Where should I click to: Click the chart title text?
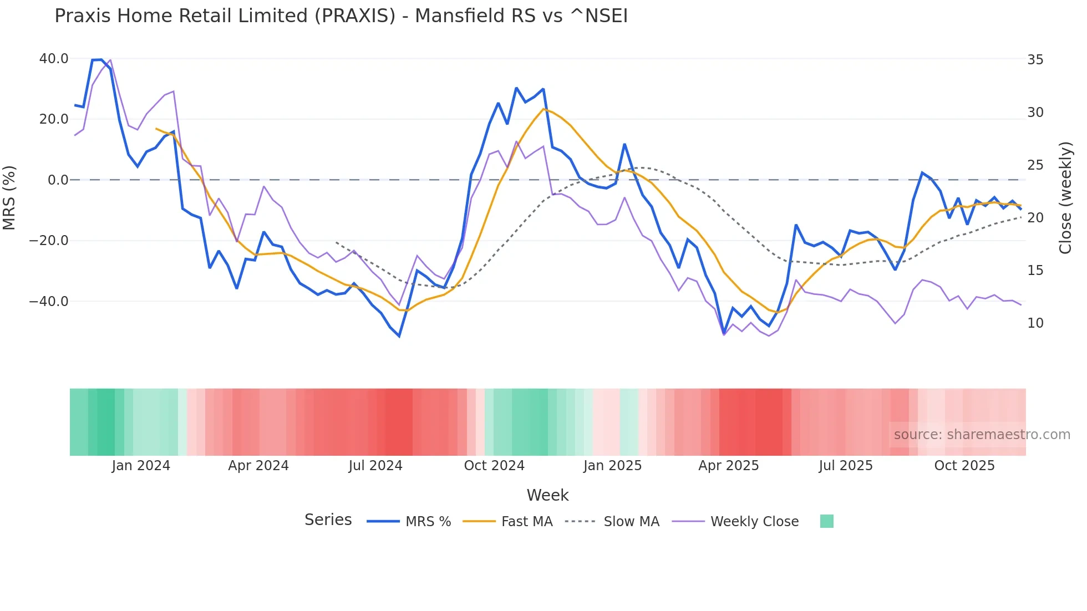341,16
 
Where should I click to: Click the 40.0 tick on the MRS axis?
54,59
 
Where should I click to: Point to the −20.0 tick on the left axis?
49,241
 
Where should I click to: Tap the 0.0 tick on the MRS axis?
58,180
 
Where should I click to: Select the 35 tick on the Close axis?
1035,60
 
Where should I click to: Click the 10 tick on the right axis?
1035,323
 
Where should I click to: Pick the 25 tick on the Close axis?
1035,165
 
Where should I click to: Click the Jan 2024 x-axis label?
141,466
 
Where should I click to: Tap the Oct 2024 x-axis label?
494,466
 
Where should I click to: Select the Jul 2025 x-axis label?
846,466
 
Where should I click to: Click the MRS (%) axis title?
9,198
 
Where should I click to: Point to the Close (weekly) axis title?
1065,198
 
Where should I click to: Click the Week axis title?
547,495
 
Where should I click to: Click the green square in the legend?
826,521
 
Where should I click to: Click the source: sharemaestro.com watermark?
982,435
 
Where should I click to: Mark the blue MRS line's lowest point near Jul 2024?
399,336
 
